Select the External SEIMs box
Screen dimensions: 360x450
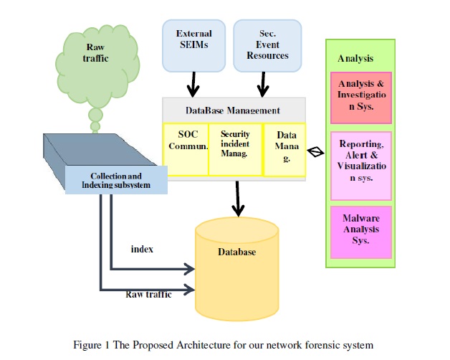coord(193,45)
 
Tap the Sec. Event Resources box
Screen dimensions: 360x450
coord(263,45)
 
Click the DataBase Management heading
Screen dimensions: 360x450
coord(233,110)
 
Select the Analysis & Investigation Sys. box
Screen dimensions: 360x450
coord(360,96)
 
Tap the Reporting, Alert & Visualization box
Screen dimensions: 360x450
coord(360,165)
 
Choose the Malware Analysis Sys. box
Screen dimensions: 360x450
coord(360,231)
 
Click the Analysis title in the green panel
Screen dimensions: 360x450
coord(355,58)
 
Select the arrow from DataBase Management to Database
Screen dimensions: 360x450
coord(236,196)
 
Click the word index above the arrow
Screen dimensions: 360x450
coord(142,249)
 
